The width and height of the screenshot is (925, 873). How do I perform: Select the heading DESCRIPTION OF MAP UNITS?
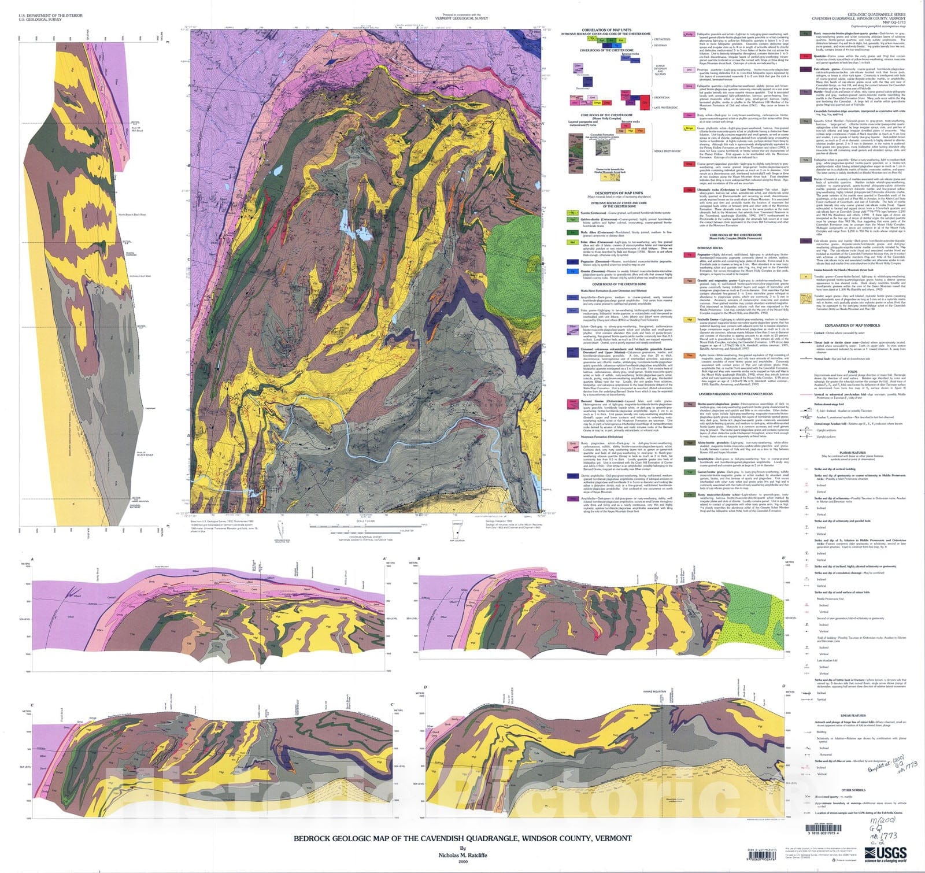click(618, 193)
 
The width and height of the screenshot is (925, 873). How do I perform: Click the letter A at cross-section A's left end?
click(32, 559)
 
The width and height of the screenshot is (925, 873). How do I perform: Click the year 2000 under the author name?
click(462, 861)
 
